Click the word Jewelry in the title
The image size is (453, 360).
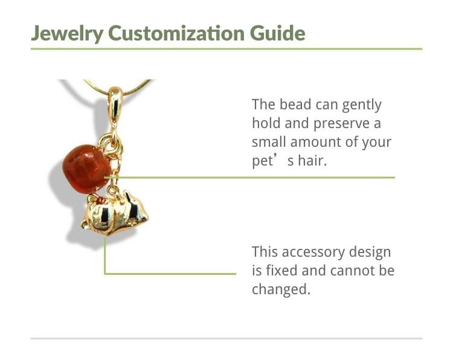pos(66,33)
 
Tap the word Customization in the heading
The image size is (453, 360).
pos(176,33)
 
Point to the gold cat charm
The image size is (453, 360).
pos(115,213)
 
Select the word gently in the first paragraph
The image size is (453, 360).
pos(362,106)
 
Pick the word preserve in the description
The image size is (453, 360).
pos(341,124)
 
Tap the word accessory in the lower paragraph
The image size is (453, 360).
pos(313,252)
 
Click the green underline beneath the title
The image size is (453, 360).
pos(226,49)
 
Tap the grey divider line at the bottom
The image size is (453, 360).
pos(226,338)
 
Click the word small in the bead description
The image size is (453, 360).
pos(269,142)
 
